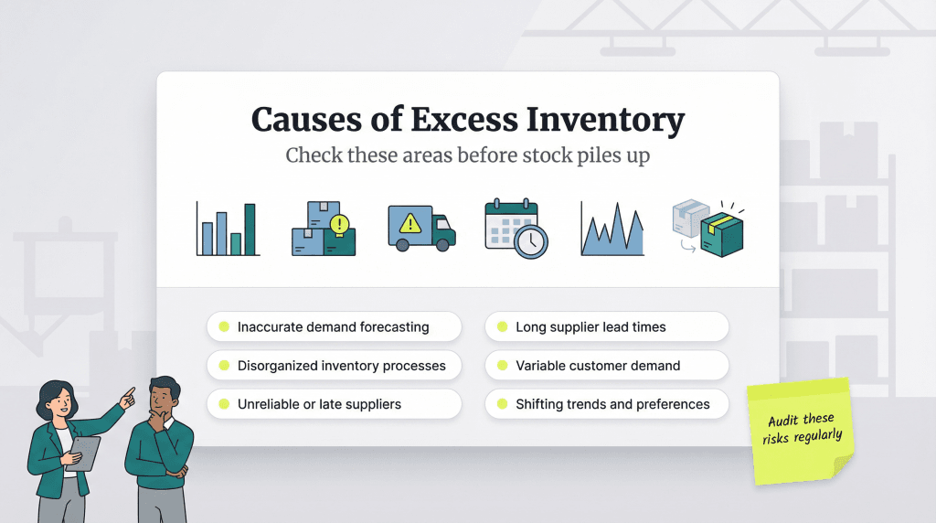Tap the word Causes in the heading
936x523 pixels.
(x=303, y=121)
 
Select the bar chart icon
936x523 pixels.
(x=227, y=229)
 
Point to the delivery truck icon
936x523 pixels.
(x=420, y=228)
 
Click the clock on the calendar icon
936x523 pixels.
(x=531, y=241)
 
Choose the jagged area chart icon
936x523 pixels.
(x=612, y=229)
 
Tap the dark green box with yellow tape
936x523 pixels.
(x=722, y=234)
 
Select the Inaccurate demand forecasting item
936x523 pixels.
(x=334, y=326)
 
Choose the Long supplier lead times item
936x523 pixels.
(x=607, y=326)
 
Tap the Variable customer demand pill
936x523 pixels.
(x=607, y=366)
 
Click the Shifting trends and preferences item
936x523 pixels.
(x=607, y=404)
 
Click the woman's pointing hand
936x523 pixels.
(x=127, y=396)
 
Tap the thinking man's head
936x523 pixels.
(x=165, y=396)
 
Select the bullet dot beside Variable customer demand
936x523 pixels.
(x=502, y=366)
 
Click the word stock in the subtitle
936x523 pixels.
(x=543, y=155)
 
